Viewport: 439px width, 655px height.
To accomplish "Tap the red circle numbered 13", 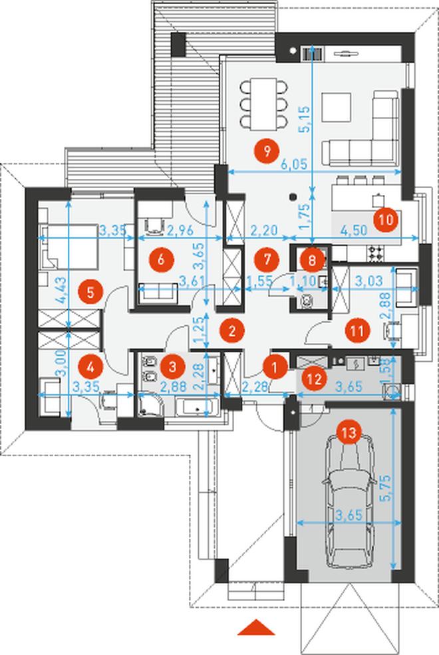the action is click(349, 432).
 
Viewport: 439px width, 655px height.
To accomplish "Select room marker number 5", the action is click(90, 292).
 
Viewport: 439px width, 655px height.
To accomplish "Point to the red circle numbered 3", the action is click(172, 367).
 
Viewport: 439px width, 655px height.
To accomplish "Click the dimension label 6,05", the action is click(293, 165).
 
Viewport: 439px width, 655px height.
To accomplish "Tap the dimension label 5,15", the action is click(306, 120).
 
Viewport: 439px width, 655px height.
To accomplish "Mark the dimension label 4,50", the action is click(353, 230).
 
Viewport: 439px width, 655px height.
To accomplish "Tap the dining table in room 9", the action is click(264, 104).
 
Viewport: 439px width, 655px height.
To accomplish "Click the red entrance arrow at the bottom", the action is click(257, 628).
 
